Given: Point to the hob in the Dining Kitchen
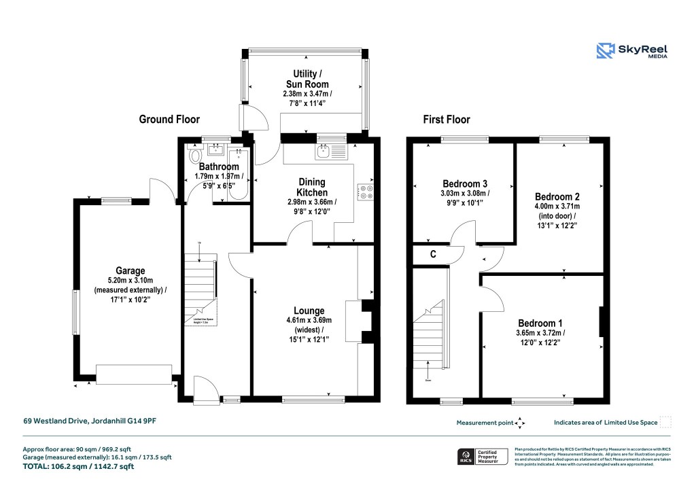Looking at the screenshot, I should [366, 193].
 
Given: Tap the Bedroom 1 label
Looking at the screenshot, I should [540, 323].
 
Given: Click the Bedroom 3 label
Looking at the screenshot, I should [465, 183].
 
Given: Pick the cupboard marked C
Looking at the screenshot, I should [433, 255].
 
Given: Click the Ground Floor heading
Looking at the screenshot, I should [169, 120].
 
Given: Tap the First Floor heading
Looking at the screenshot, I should [447, 120].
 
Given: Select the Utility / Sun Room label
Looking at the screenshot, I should [305, 78].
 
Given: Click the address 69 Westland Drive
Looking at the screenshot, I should [89, 422].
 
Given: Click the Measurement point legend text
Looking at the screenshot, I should [485, 423].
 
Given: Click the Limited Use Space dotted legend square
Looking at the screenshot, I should [665, 422].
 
